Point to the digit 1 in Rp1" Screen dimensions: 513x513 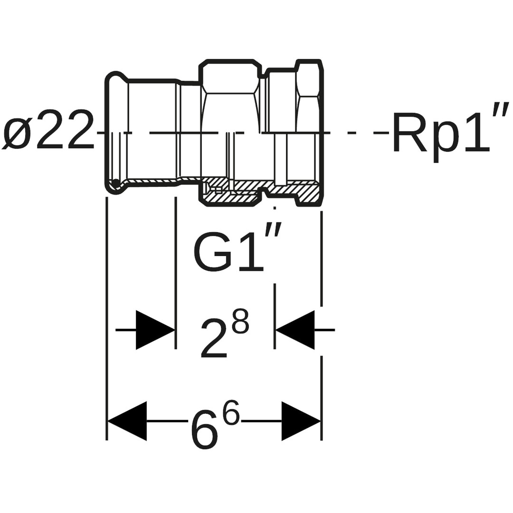pos(476,133)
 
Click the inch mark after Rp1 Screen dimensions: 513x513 pos(501,109)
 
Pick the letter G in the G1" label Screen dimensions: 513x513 pos(212,252)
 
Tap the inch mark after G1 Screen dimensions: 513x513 pos(274,229)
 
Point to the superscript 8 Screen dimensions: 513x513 pos(240,321)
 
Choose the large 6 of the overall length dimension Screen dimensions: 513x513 pos(205,430)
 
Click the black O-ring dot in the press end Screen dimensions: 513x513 pos(115,183)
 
